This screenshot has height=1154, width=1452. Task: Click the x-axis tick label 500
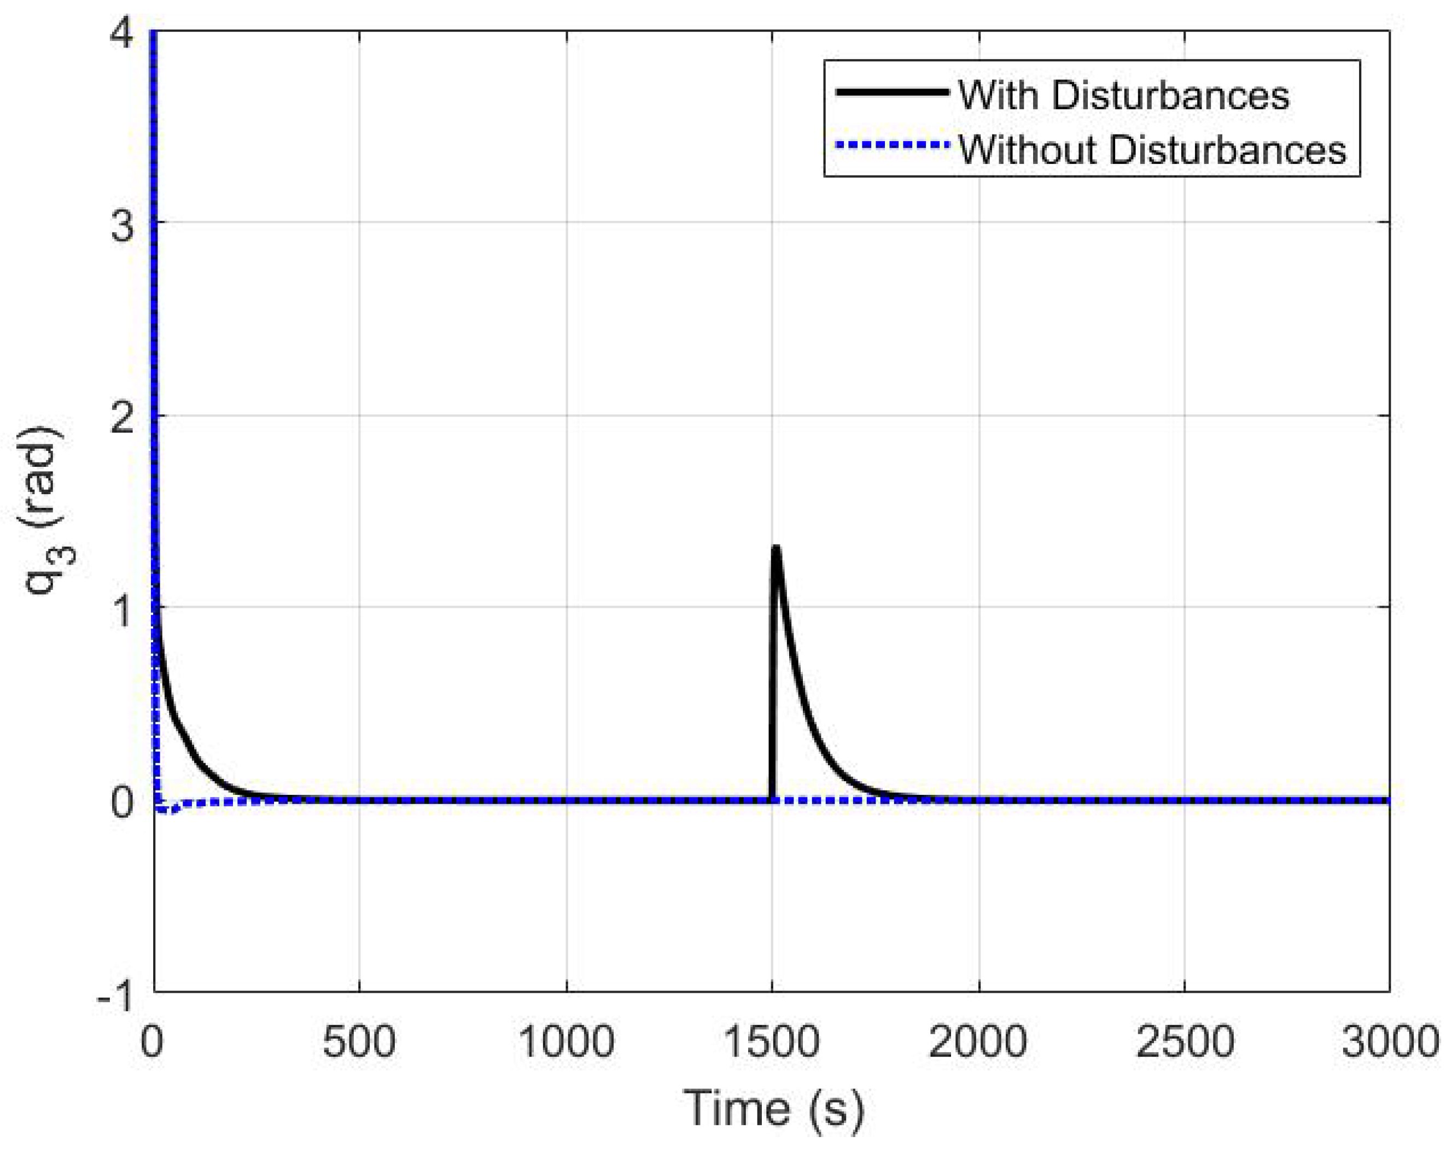pos(358,1041)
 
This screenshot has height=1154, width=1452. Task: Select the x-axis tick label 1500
pos(771,1041)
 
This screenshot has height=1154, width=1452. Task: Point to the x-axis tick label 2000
pos(978,1041)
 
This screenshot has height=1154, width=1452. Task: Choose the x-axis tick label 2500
pos(1185,1041)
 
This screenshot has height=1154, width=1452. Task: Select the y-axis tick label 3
pos(122,224)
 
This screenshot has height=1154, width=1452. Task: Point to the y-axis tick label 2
pos(122,418)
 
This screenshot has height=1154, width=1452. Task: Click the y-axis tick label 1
pos(122,610)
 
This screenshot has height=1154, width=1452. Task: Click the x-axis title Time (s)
pos(773,1108)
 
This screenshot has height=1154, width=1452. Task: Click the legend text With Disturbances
pos(1123,95)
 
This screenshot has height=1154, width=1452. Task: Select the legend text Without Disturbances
pos(1152,149)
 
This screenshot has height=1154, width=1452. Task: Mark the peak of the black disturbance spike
pos(776,549)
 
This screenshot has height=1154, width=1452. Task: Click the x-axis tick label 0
pos(152,1041)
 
